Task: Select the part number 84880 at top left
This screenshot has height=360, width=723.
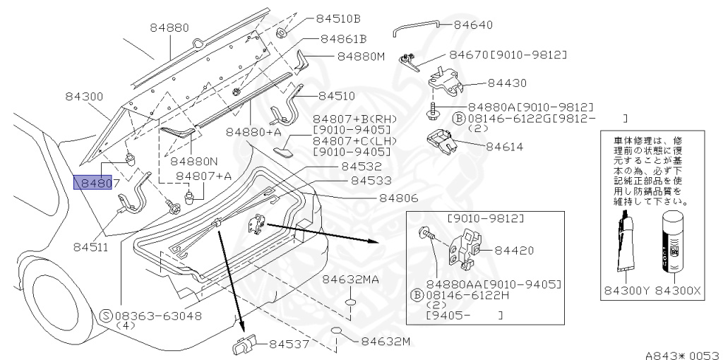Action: [169, 28]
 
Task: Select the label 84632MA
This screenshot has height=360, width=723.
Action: [351, 280]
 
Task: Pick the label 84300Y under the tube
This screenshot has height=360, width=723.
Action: [625, 290]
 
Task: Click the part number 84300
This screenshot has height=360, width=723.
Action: [85, 96]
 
